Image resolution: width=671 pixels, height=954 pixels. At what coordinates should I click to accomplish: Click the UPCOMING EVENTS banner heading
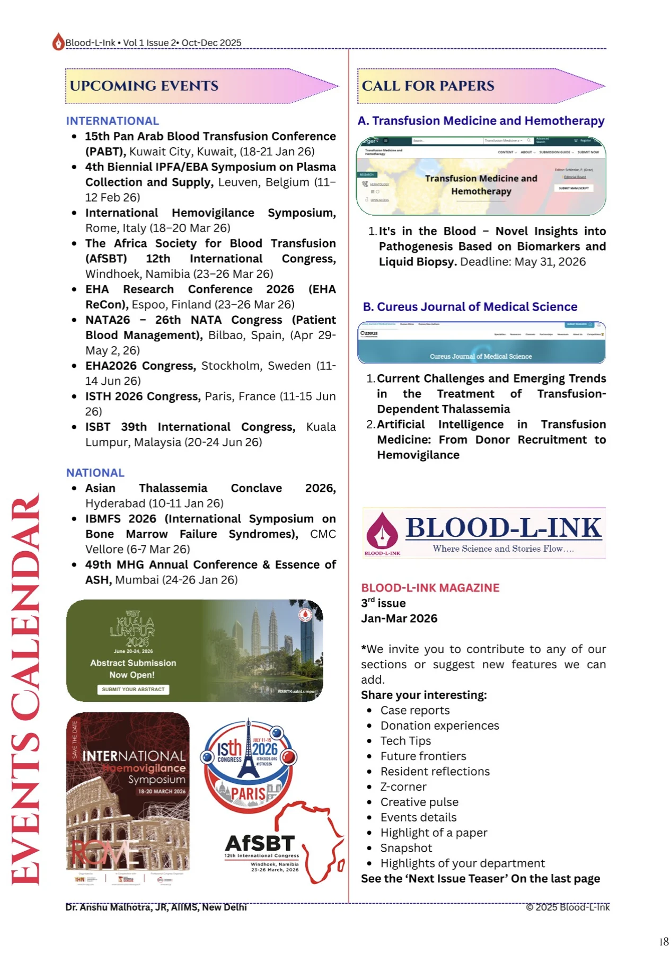[144, 86]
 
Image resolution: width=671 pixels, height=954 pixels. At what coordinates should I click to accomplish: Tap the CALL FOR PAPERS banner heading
[428, 86]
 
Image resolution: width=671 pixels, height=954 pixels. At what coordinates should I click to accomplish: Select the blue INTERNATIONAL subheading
[112, 121]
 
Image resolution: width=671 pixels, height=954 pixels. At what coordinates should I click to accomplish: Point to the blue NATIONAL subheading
[95, 473]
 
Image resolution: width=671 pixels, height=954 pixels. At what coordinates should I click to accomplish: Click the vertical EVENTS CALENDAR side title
[25, 689]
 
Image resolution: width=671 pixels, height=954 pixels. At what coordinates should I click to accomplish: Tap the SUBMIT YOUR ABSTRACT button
[133, 690]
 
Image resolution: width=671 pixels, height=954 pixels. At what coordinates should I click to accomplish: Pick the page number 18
[664, 942]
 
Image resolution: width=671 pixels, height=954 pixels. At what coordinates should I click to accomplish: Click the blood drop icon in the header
[58, 42]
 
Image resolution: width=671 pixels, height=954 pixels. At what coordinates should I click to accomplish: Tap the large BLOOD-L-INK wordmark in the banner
[504, 528]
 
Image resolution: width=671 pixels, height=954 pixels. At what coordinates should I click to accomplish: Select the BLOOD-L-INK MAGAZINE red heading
[430, 588]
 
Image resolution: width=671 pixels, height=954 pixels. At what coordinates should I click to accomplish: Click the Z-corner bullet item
[403, 787]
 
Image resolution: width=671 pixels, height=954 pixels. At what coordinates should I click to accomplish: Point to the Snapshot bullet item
[406, 848]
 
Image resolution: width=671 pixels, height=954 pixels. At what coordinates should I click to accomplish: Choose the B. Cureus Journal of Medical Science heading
[470, 307]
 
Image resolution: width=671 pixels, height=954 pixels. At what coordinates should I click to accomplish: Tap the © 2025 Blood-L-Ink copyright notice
[567, 907]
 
